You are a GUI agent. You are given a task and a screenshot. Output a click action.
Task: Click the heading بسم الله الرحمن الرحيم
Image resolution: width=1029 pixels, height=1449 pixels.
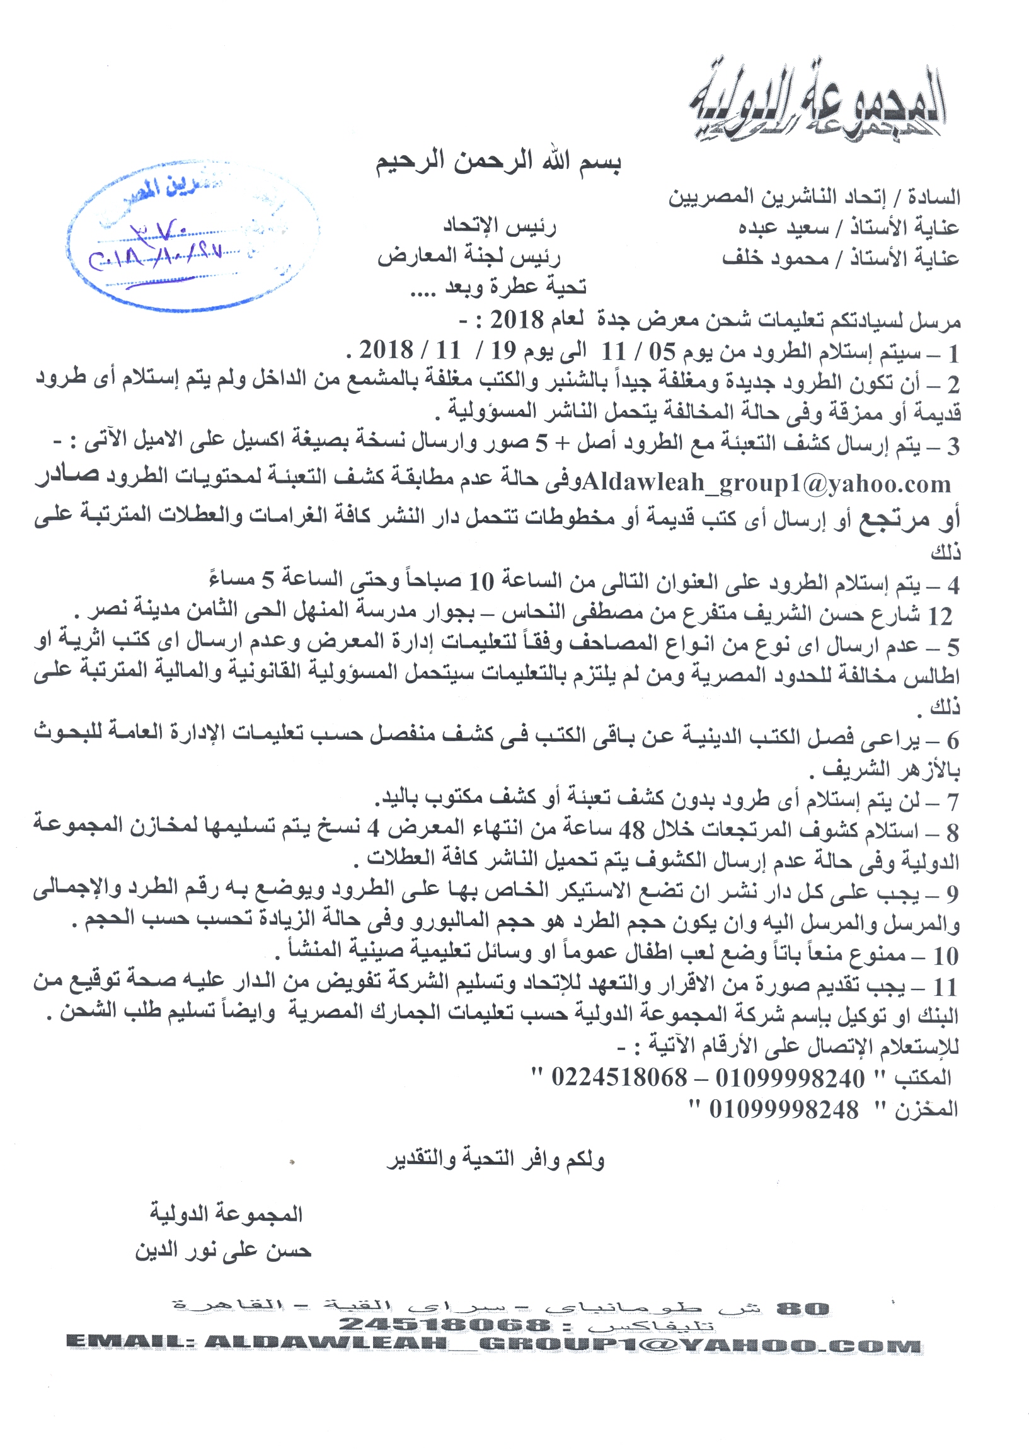tap(498, 162)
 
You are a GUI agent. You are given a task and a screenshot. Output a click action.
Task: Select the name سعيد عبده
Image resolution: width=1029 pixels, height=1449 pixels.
tap(783, 228)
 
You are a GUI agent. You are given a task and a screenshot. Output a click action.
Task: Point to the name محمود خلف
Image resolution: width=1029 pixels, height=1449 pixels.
tap(775, 258)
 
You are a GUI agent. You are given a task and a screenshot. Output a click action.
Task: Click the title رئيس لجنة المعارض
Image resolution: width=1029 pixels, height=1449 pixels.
tap(469, 257)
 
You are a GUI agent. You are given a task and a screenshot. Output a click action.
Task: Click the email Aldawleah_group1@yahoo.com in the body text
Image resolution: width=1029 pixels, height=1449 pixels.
tap(766, 484)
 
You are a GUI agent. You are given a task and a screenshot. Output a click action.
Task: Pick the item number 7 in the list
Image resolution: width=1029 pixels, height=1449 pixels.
tap(953, 802)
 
